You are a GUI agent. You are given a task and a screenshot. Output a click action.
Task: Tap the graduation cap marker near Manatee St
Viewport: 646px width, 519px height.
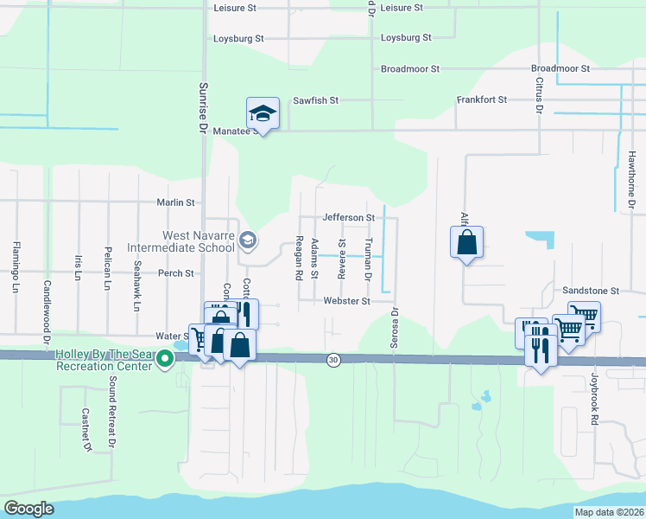click(x=263, y=113)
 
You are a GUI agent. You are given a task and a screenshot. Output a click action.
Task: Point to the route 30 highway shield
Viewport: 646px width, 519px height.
click(x=333, y=359)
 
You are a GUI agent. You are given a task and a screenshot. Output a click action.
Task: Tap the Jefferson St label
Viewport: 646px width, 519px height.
click(x=348, y=218)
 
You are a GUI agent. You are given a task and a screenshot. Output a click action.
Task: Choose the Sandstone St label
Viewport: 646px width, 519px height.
click(x=592, y=292)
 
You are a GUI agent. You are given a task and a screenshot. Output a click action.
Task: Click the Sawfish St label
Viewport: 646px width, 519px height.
click(x=315, y=100)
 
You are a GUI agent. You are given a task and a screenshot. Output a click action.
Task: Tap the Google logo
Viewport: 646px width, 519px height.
click(x=29, y=509)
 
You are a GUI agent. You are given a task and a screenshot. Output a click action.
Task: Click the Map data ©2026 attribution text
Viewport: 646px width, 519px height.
click(x=609, y=512)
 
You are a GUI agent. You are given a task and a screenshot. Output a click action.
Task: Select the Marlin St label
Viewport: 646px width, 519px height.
click(x=176, y=202)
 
